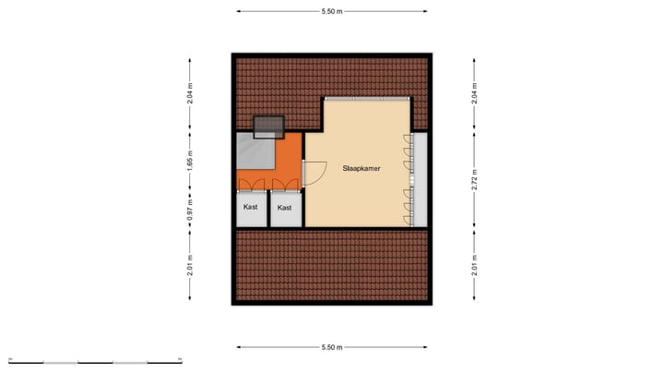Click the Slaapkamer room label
362,169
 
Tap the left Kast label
251,208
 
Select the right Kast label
285,208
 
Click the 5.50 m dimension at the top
332,11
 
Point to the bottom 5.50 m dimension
332,347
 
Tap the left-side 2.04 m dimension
191,95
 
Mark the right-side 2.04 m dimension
474,95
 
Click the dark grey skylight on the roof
268,126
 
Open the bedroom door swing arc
314,172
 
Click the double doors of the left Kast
251,184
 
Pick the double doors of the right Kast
285,184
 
